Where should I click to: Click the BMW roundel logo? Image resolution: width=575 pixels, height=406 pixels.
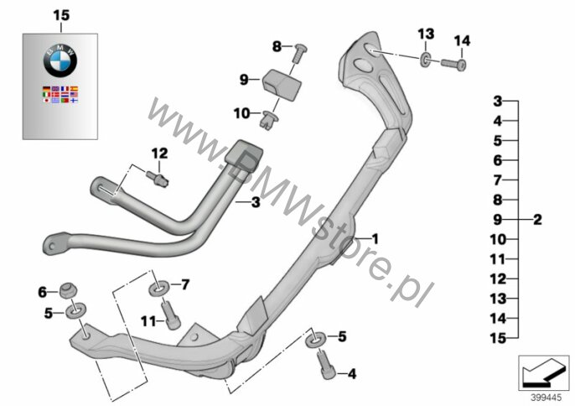[60, 61]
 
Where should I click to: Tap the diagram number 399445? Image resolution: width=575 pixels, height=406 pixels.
[547, 398]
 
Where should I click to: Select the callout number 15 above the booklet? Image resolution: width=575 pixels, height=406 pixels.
[61, 15]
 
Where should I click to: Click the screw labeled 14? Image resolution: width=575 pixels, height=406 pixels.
[453, 65]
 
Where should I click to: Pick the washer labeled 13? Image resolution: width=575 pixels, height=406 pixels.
[426, 60]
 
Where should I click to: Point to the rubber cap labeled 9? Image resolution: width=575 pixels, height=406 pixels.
[282, 85]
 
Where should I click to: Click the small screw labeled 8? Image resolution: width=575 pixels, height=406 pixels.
[299, 53]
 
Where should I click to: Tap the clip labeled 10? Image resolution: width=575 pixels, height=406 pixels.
[269, 118]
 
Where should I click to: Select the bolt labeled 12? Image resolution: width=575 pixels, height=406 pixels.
[158, 179]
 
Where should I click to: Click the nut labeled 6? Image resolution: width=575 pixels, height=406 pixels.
[68, 291]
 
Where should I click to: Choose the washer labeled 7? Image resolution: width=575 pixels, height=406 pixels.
[158, 287]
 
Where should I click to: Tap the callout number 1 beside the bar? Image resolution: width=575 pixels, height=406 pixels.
[375, 239]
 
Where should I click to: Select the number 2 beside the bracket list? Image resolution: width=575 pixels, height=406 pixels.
[537, 220]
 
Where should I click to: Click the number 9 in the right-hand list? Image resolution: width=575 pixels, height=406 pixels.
[497, 220]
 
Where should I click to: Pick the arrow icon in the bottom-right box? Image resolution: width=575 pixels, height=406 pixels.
[543, 372]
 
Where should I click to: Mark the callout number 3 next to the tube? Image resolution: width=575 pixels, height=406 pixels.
[256, 202]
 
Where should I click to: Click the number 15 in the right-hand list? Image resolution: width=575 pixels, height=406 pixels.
[498, 338]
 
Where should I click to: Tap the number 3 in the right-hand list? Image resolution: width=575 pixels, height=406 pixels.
[497, 101]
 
